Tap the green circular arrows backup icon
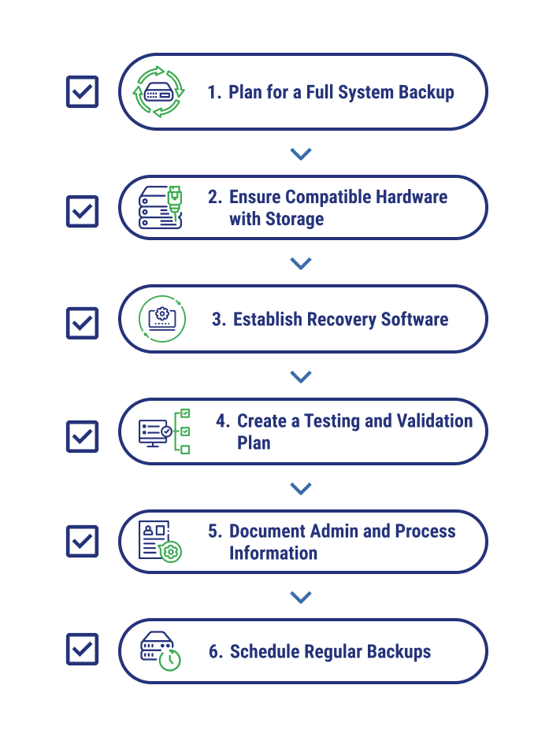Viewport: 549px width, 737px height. (159, 91)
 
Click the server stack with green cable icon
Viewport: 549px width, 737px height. (160, 207)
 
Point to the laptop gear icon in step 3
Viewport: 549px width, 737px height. (162, 319)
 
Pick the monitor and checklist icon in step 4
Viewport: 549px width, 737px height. (165, 431)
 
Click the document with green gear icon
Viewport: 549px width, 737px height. (160, 541)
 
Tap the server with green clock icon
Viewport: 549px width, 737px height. (161, 651)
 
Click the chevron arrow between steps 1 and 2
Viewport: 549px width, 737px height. (301, 154)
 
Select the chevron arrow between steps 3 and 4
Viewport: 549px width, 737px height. (301, 376)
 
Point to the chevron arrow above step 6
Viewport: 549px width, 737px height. (301, 597)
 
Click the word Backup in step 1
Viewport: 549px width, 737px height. (426, 93)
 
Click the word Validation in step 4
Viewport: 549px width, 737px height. (436, 420)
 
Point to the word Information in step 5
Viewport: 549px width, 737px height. (273, 554)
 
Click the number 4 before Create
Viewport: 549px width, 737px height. (221, 420)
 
